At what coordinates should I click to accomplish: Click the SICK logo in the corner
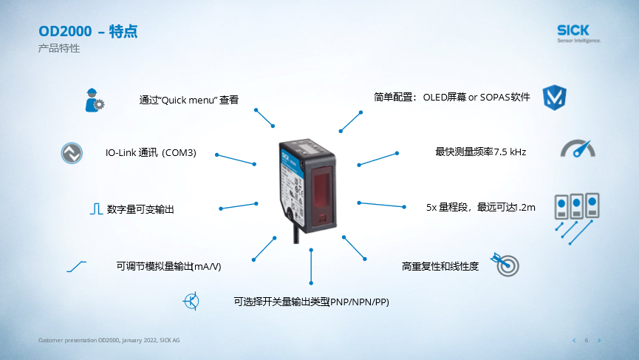pos(578,33)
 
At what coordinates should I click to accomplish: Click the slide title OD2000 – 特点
pos(88,31)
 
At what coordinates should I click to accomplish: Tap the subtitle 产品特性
pos(59,48)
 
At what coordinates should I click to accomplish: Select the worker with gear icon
pos(95,100)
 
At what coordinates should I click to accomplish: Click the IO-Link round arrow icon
pos(72,153)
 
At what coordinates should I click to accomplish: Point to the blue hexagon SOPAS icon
pos(554,98)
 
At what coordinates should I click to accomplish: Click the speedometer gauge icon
pos(578,149)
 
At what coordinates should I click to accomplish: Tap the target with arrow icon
pos(505,264)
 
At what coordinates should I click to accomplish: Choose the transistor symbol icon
pos(191,302)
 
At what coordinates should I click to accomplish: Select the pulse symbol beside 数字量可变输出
pos(96,208)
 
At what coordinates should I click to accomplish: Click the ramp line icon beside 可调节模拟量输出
pos(77,267)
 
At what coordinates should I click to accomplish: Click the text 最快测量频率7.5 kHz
pos(480,152)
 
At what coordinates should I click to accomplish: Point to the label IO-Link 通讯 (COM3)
pos(151,152)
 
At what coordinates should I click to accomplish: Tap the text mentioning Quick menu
pos(188,100)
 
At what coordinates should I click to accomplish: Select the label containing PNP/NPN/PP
pos(311,302)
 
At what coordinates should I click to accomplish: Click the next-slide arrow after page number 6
pos(599,341)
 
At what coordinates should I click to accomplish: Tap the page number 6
pos(587,340)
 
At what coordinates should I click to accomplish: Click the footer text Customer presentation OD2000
pos(109,340)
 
